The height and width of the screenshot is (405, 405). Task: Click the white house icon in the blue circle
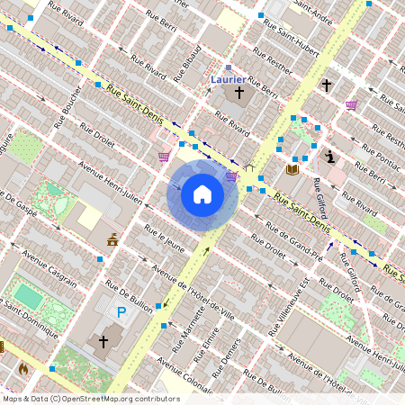click(x=202, y=194)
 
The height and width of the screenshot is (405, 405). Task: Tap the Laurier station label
click(x=228, y=79)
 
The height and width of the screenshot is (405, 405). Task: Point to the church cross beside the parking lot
click(x=103, y=342)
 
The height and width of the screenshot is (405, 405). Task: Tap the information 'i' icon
click(x=331, y=157)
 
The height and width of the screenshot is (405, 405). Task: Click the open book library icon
click(x=292, y=168)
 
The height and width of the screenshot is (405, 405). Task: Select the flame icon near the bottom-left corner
click(x=22, y=368)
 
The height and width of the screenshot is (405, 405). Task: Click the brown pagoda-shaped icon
click(x=112, y=239)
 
